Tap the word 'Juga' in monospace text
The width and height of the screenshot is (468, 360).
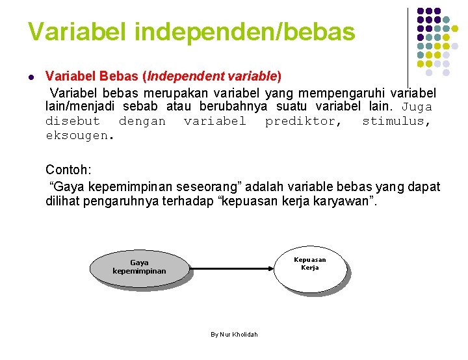click(417, 107)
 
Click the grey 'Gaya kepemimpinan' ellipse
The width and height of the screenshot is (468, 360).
click(139, 267)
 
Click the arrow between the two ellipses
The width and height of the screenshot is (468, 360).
click(231, 268)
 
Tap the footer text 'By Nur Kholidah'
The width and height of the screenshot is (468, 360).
click(234, 334)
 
